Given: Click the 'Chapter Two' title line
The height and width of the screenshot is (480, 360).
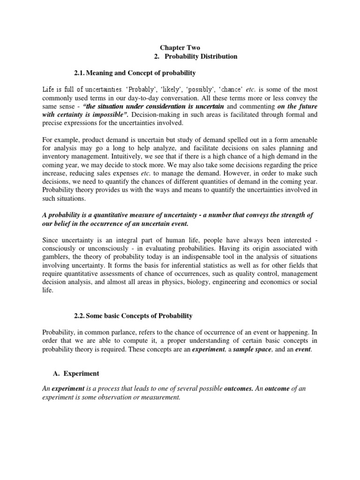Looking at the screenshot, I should click(x=180, y=47).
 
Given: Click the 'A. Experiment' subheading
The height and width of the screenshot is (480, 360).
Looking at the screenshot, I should click(x=75, y=374).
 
